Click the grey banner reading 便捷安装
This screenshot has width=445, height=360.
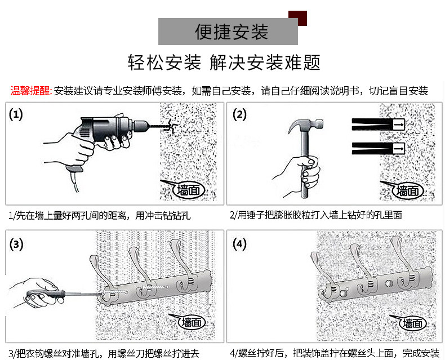[x=228, y=32]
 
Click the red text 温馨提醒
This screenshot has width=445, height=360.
[x=31, y=91]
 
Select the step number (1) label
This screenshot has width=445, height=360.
[x=16, y=115]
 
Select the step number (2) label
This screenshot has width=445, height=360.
[x=240, y=115]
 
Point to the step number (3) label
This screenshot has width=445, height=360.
[x=17, y=245]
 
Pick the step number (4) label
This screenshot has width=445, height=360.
[x=240, y=245]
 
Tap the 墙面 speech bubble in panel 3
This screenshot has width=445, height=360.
[x=190, y=322]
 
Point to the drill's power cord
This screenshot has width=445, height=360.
[x=70, y=180]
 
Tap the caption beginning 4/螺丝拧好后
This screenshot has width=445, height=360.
[x=334, y=353]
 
